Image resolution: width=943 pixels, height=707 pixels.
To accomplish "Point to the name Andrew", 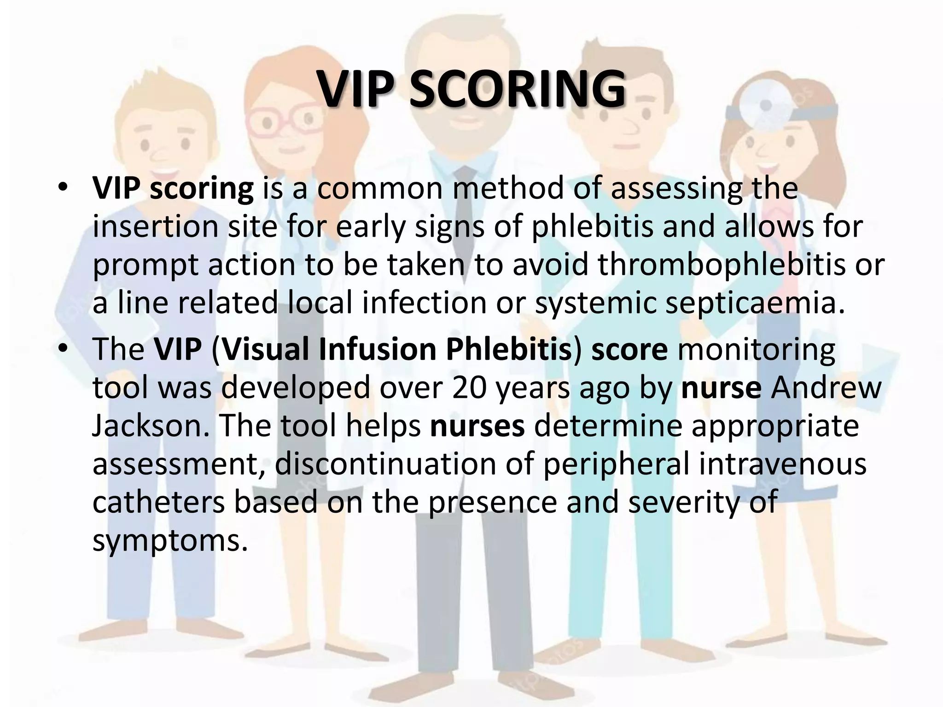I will tap(826, 388).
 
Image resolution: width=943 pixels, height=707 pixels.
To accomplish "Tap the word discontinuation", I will tap(385, 464).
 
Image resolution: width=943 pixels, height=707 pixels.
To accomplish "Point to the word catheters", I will tap(158, 502).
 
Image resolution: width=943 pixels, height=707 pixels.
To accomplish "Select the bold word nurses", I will tap(477, 426).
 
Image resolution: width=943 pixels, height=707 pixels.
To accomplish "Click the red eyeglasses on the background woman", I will tap(282, 118).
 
